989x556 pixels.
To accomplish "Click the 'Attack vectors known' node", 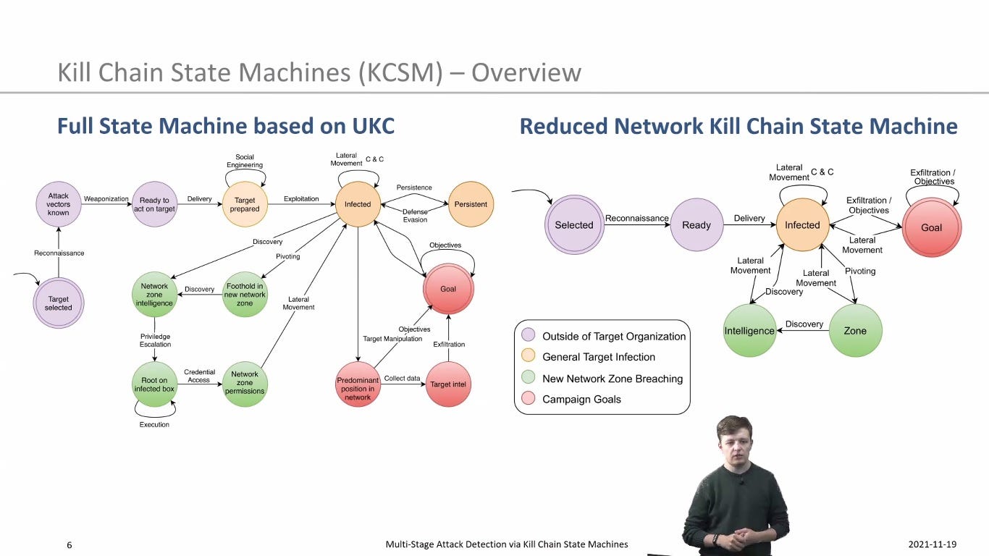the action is coord(58,204).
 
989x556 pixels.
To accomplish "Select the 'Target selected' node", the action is coord(58,303).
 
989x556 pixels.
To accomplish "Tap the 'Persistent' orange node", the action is coord(471,204).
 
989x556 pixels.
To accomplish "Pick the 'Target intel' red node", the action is coord(448,384).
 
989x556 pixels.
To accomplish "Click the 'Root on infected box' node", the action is coord(154,384).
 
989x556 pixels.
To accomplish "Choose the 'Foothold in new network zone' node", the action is coord(245,294).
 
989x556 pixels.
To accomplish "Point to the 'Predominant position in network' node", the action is coord(358,384).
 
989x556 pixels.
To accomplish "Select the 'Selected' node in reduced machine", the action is coord(574,224).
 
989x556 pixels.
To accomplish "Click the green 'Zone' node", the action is coord(855,330).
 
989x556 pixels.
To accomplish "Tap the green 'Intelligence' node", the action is coord(749,330).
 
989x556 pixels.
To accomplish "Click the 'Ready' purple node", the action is coord(696,224).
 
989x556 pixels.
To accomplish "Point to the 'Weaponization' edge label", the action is coord(106,199).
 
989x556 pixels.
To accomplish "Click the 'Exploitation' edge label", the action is coord(301,199).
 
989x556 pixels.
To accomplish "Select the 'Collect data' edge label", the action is coord(402,379).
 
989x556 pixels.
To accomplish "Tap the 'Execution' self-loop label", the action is coord(154,424).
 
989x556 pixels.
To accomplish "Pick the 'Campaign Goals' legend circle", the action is coord(528,398).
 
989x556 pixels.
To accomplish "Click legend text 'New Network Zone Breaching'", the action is coord(613,379).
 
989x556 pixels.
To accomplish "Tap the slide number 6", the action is coord(70,545).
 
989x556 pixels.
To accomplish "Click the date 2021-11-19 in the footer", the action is coord(932,544).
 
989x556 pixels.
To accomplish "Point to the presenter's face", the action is coord(735,445).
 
